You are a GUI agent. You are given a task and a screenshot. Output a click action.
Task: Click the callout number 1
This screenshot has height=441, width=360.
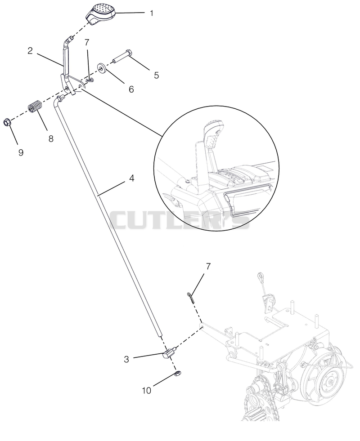pyautogui.click(x=152, y=13)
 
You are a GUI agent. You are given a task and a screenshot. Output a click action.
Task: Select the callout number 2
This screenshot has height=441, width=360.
pyautogui.click(x=30, y=51)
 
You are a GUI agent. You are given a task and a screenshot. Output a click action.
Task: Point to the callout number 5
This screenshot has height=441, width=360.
pyautogui.click(x=156, y=76)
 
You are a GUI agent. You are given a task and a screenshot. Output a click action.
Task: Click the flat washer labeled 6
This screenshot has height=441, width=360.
pyautogui.click(x=102, y=68)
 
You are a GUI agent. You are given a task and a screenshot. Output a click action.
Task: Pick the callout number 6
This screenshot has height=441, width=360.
pyautogui.click(x=131, y=89)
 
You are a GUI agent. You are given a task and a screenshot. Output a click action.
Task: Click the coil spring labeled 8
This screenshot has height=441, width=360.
pyautogui.click(x=35, y=106)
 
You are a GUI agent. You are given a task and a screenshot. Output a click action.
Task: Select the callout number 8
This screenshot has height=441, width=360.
pyautogui.click(x=51, y=138)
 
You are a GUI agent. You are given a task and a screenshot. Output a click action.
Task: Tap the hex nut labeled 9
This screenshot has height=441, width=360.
pyautogui.click(x=7, y=123)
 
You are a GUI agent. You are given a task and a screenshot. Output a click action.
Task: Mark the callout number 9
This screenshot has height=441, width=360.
pyautogui.click(x=21, y=153)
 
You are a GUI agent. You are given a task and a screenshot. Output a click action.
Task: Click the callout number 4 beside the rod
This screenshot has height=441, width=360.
pyautogui.click(x=131, y=178)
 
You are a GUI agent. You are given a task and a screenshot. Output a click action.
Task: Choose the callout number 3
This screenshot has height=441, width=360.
pyautogui.click(x=126, y=359)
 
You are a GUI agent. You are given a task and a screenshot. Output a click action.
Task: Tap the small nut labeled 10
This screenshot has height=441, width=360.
pyautogui.click(x=178, y=374)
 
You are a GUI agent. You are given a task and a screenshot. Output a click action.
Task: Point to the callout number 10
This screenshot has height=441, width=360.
pyautogui.click(x=147, y=390)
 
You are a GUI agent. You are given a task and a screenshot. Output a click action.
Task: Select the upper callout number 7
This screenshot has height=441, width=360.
pyautogui.click(x=87, y=42)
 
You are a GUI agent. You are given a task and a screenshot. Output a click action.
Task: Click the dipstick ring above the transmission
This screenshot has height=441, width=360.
pyautogui.click(x=261, y=276)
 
